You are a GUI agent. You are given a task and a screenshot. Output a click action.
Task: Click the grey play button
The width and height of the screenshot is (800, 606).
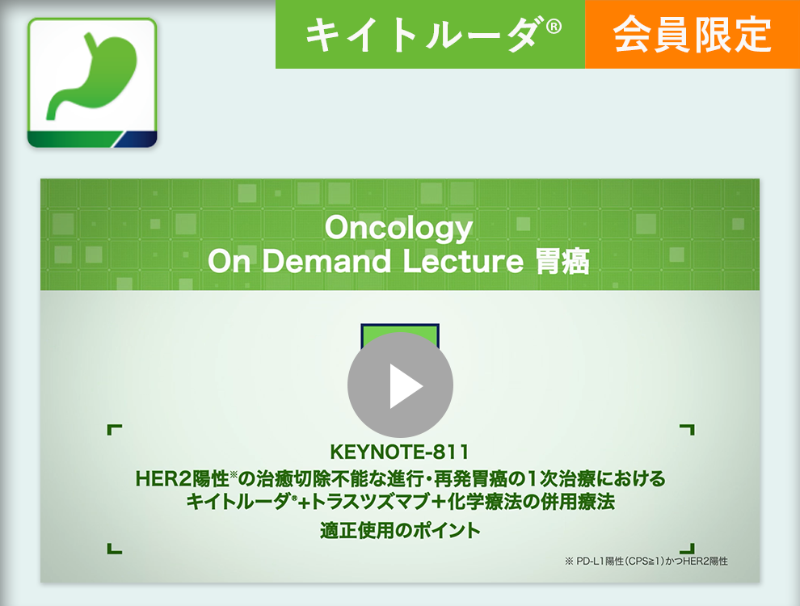click(400, 385)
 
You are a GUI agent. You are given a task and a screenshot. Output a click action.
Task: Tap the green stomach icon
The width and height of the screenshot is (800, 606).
click(92, 83)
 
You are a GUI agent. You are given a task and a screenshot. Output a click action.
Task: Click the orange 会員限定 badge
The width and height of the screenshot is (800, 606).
click(693, 34)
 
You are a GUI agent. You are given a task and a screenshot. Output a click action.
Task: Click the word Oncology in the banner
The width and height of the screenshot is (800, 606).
click(399, 228)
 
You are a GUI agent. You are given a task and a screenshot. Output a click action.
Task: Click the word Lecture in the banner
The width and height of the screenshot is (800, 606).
click(463, 261)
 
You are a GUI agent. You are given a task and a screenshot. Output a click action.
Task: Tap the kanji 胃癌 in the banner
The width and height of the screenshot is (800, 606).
click(562, 261)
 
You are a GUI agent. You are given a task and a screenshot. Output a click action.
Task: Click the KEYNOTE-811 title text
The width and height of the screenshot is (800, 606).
click(399, 452)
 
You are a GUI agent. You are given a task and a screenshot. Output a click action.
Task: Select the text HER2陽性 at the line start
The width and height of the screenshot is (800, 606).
click(182, 478)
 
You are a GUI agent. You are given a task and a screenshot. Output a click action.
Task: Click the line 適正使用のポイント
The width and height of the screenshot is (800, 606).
click(400, 531)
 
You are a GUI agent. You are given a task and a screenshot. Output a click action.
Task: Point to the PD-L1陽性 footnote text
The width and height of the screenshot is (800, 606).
click(646, 561)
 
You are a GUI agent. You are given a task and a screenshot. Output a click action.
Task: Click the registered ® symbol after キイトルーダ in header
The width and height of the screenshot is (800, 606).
click(554, 27)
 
